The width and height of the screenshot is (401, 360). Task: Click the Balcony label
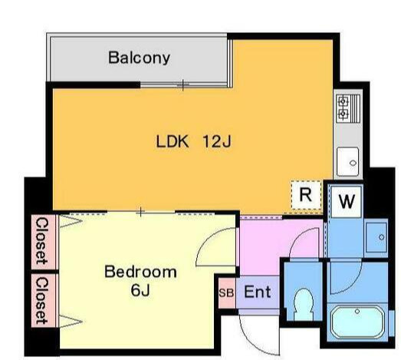click(x=139, y=58)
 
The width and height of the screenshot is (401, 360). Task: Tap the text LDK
click(x=173, y=141)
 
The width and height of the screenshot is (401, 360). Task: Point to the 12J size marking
click(x=217, y=141)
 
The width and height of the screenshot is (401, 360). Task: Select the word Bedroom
click(x=140, y=272)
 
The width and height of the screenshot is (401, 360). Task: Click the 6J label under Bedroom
click(x=140, y=290)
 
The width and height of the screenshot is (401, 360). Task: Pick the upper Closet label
click(x=41, y=241)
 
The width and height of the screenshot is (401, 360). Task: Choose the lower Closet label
click(x=41, y=301)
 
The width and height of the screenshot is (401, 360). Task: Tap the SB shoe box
click(x=227, y=293)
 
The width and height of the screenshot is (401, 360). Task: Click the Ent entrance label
click(x=258, y=292)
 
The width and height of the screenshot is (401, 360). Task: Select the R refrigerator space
click(x=306, y=197)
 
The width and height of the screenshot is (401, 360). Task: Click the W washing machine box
click(x=347, y=202)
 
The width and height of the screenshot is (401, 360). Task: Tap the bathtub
click(x=357, y=322)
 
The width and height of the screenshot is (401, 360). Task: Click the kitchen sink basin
click(x=347, y=161)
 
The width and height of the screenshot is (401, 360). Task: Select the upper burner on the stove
click(x=343, y=101)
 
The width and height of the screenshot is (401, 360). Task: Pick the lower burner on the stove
click(x=343, y=113)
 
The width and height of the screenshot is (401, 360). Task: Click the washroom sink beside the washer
click(x=376, y=237)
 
